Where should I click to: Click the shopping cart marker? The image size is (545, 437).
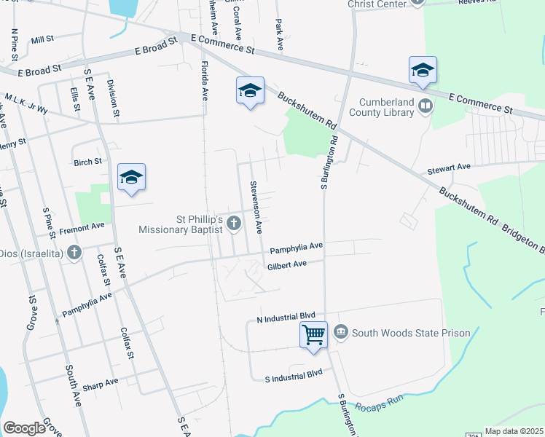point(313,336)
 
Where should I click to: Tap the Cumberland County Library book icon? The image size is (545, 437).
point(426,108)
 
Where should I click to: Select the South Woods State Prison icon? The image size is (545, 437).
point(341,333)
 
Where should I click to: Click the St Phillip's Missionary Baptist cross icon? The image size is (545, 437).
point(234,223)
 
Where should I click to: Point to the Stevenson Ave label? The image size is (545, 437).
point(256,207)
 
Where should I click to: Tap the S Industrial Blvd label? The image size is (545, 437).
point(293,374)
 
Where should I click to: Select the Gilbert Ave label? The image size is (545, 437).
point(286,266)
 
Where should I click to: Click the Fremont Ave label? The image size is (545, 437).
point(83,227)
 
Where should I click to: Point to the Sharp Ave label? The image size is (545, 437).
point(100,382)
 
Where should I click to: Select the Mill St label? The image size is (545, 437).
point(43,39)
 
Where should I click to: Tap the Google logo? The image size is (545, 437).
point(24,428)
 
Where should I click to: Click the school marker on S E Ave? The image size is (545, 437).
point(131,177)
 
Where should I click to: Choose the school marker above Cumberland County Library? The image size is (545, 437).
point(423,70)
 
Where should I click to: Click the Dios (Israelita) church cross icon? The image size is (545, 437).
point(74,253)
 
